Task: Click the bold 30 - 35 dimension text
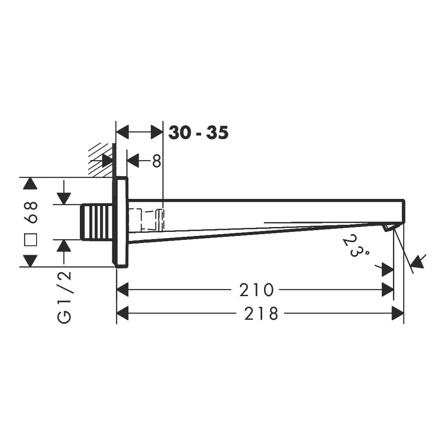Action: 198,132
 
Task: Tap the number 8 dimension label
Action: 157,161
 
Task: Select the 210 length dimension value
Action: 256,290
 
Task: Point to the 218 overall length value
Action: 261,314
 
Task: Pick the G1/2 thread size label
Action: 64,297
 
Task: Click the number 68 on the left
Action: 31,212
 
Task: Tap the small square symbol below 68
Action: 30,240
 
